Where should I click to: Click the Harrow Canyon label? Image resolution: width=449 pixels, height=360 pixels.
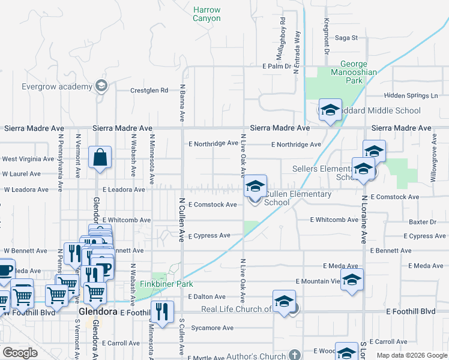click(206, 14)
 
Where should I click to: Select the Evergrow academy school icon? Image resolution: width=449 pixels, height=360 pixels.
click(101, 86)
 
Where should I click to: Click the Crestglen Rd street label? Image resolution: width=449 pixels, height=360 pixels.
click(149, 91)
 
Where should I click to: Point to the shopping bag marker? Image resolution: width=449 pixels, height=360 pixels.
click(100, 158)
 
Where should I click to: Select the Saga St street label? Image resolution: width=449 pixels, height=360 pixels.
click(346, 38)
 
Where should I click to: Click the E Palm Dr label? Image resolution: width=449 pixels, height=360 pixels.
click(277, 66)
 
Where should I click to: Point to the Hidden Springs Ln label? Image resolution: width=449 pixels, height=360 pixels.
click(411, 95)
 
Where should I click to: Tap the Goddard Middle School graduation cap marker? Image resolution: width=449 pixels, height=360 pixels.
click(330, 110)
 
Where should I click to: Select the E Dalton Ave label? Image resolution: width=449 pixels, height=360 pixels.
click(206, 297)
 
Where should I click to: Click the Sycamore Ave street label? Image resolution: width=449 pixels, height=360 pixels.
click(211, 328)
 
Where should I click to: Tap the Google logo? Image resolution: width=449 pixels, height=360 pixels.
click(20, 353)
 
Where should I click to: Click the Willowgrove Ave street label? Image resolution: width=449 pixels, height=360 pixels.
click(433, 159)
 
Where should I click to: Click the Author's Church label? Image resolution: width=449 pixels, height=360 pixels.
click(256, 356)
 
